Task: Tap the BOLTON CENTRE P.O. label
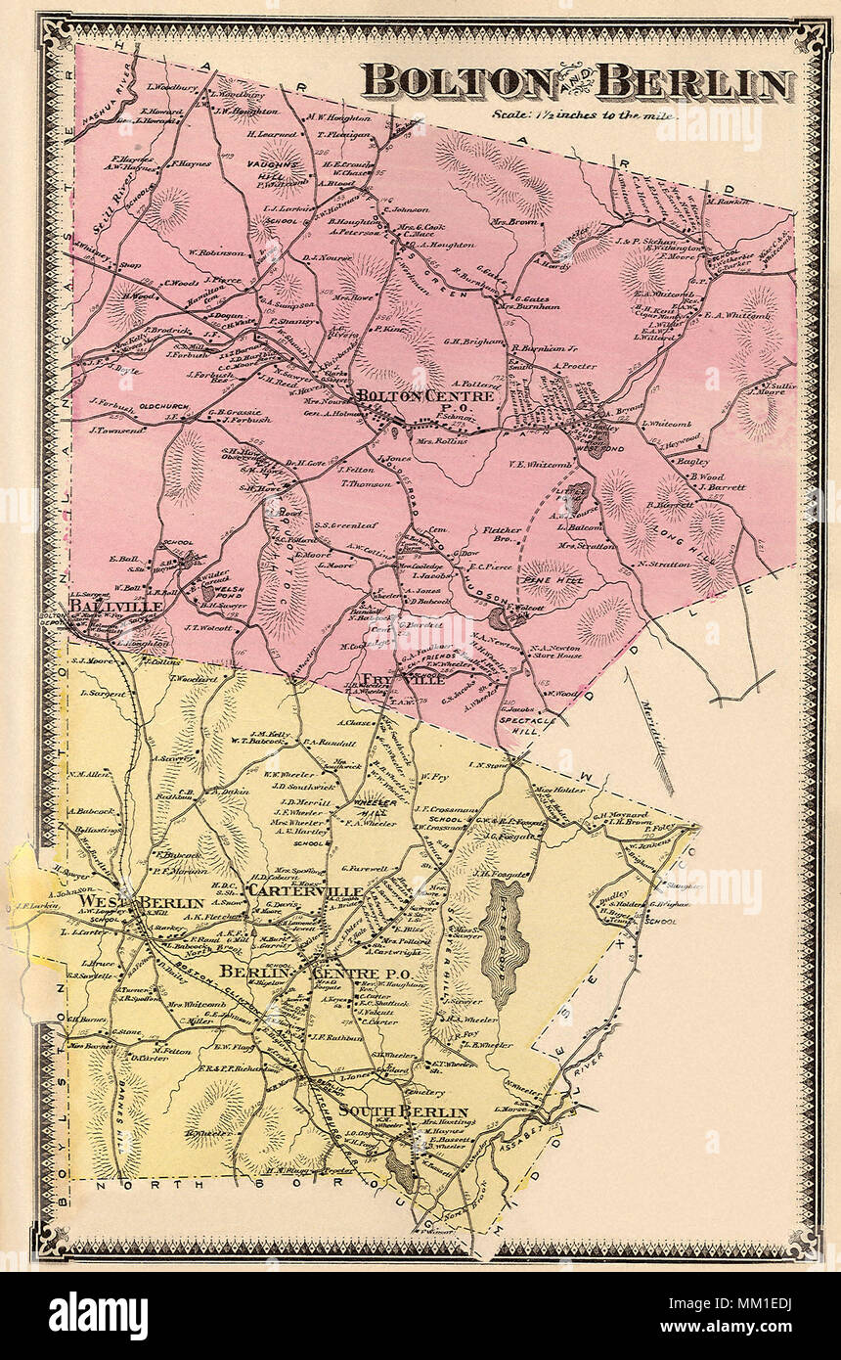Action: point(402,398)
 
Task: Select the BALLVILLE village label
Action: point(102,607)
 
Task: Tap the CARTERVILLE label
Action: point(305,892)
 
